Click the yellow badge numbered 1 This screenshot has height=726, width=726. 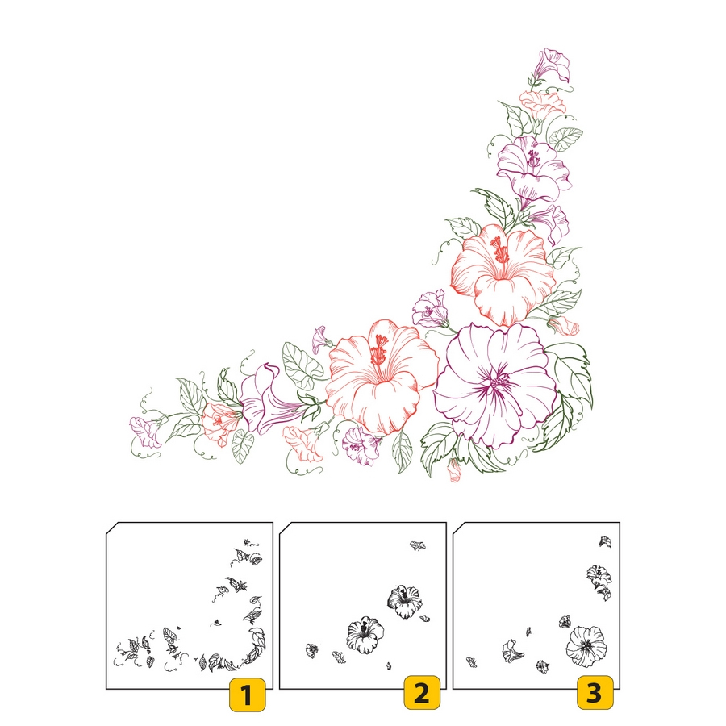click(x=248, y=695)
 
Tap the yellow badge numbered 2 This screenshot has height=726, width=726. click(x=422, y=693)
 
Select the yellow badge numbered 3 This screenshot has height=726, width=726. click(x=595, y=693)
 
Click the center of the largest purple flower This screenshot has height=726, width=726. click(x=499, y=382)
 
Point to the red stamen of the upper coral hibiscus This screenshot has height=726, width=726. click(x=500, y=251)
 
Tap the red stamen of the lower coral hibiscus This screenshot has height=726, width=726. click(x=379, y=350)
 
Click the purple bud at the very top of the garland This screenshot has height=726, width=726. click(x=553, y=65)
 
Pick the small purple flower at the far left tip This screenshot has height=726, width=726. click(x=145, y=432)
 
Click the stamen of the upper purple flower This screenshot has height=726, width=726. click(x=533, y=159)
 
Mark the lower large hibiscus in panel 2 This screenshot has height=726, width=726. click(x=365, y=635)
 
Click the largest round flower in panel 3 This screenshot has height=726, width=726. click(x=586, y=646)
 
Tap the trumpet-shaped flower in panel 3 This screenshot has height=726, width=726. click(x=512, y=651)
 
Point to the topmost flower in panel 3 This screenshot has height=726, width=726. click(x=605, y=541)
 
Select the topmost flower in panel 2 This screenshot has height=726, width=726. click(x=418, y=545)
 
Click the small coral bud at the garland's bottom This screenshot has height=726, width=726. click(x=454, y=470)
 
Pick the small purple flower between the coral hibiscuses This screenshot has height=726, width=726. click(x=430, y=309)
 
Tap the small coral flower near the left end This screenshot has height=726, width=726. click(x=218, y=422)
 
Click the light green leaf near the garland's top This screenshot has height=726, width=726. click(x=565, y=139)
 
